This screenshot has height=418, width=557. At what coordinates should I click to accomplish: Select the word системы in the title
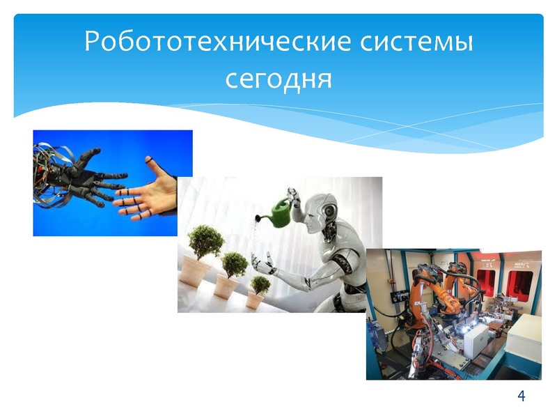(416, 41)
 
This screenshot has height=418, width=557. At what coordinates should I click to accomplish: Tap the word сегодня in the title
(278, 78)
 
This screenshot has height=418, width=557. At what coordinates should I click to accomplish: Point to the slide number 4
(521, 396)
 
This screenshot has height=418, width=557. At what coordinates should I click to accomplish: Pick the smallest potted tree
(260, 285)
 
